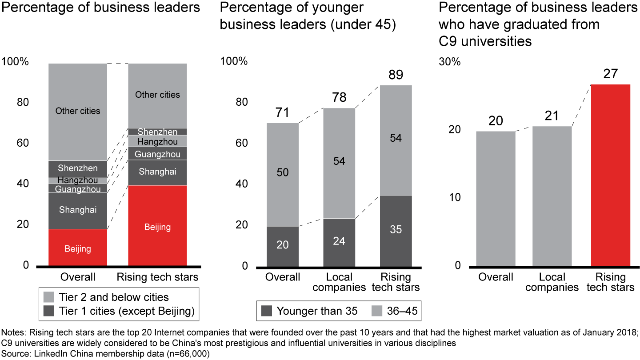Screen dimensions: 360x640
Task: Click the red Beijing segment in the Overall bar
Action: click(x=78, y=248)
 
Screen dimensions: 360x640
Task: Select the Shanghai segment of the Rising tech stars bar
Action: click(x=157, y=172)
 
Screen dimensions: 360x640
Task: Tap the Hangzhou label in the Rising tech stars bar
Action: click(x=157, y=142)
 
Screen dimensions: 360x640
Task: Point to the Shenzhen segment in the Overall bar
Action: click(x=78, y=168)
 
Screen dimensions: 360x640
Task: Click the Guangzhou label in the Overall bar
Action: click(x=78, y=189)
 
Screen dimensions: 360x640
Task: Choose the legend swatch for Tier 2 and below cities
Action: click(x=49, y=297)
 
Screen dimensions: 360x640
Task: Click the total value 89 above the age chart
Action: click(x=396, y=74)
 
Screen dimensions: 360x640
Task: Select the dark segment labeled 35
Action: click(x=396, y=230)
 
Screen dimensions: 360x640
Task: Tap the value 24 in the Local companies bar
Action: click(x=339, y=241)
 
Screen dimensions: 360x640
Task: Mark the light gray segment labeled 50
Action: click(x=282, y=172)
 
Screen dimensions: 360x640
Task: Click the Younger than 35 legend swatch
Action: click(x=266, y=311)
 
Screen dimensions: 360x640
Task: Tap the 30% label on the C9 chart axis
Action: click(x=450, y=62)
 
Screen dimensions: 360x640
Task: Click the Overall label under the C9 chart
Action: click(x=496, y=277)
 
